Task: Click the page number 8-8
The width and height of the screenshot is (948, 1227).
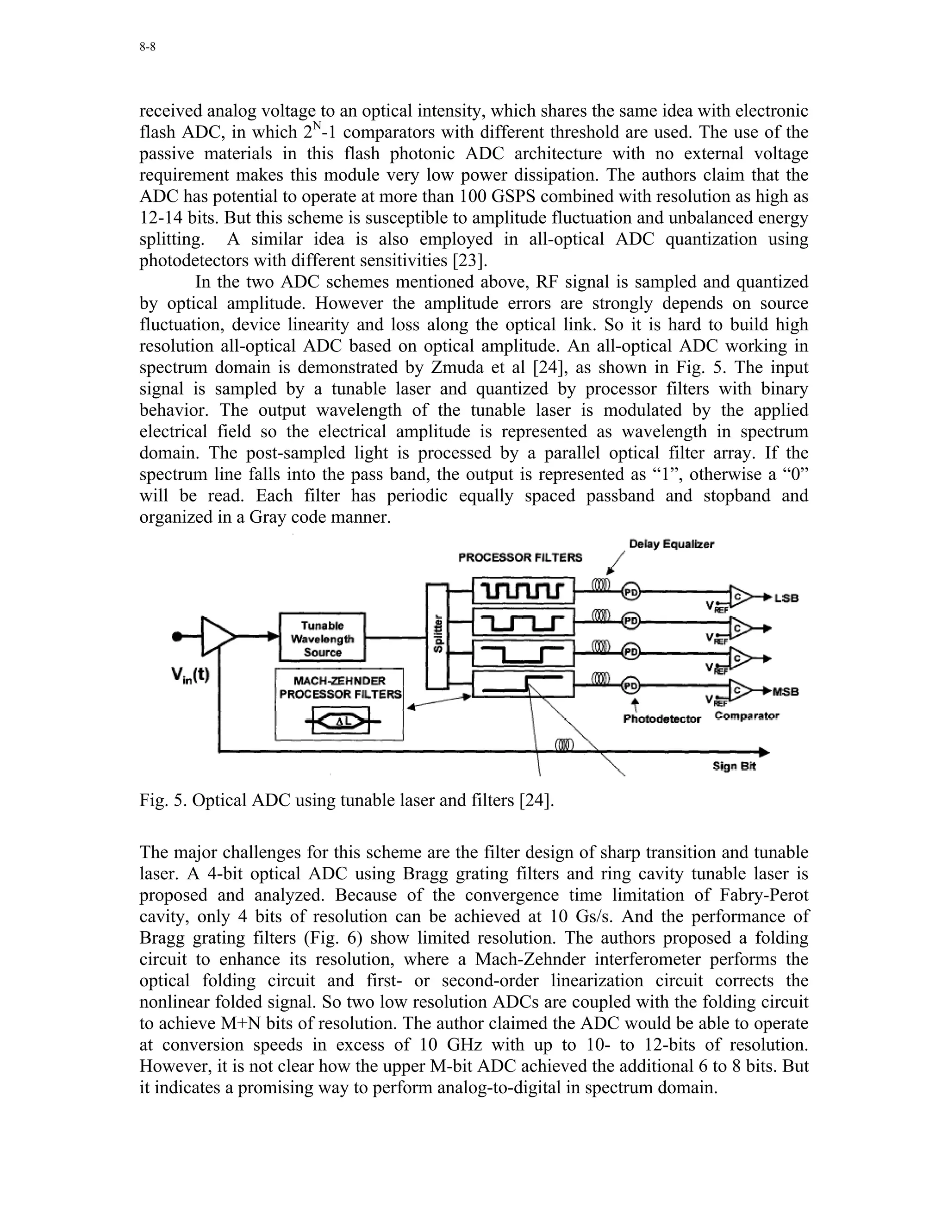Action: [147, 47]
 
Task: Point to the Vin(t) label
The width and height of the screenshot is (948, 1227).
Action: [190, 674]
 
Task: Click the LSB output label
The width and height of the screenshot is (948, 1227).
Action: [786, 598]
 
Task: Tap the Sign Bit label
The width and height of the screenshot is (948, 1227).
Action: [734, 766]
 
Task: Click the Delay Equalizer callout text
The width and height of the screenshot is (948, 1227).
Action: [671, 544]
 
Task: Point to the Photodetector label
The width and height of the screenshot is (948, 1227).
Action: [662, 719]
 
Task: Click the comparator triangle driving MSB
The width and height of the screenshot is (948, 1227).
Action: [741, 690]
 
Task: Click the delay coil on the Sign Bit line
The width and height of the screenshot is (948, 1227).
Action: [564, 745]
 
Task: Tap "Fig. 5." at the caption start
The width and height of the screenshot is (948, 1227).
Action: [163, 800]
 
